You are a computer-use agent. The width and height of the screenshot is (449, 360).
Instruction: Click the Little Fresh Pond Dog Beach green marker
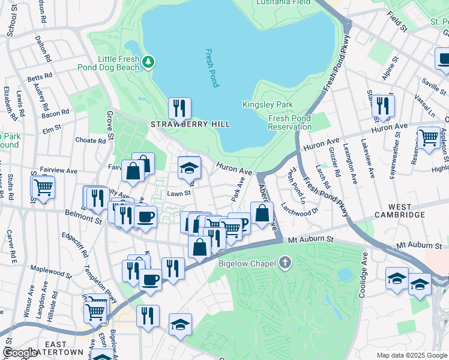[148, 61]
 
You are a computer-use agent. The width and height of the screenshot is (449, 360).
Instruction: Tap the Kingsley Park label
[268, 104]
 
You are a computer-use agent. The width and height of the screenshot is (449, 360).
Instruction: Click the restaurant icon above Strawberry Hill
[179, 109]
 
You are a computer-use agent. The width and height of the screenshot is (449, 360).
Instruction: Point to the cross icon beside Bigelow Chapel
[285, 263]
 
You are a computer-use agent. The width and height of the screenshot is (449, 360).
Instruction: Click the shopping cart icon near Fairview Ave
[43, 187]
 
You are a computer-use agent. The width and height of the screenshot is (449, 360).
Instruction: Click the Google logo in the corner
[20, 353]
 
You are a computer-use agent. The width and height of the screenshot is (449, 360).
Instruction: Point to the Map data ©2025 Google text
[412, 355]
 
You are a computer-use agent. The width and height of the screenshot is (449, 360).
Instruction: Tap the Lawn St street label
[178, 193]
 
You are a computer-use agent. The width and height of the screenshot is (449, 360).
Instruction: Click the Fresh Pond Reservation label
[289, 122]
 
